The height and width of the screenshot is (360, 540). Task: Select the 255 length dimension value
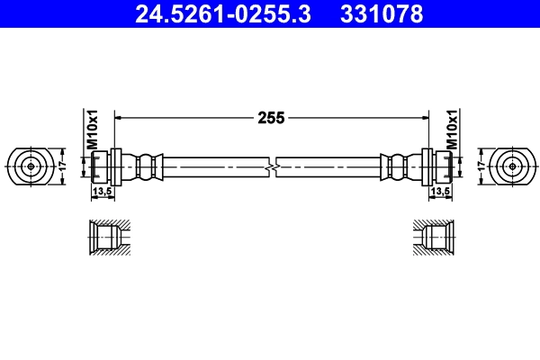click(x=271, y=117)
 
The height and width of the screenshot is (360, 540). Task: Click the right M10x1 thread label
click(x=453, y=130)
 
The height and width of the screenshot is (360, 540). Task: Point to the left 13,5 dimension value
click(x=101, y=192)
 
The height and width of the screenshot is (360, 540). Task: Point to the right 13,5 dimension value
click(x=440, y=192)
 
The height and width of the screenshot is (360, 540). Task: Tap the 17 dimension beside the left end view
click(x=61, y=166)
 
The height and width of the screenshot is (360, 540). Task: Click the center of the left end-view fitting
click(x=31, y=166)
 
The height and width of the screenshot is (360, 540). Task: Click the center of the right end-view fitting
click(x=513, y=166)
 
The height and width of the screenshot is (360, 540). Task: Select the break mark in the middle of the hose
click(x=272, y=166)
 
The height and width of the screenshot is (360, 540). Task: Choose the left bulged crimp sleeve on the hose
click(x=146, y=166)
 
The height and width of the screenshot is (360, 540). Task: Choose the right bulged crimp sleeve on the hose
click(x=397, y=166)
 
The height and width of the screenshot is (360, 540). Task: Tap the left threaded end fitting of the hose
click(x=101, y=166)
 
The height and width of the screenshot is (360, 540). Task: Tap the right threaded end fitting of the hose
click(x=440, y=166)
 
